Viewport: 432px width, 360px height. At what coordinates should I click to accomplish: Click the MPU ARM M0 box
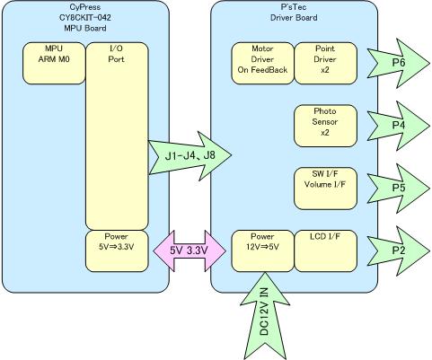(54, 63)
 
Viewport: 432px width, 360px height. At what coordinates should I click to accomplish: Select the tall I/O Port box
(117, 136)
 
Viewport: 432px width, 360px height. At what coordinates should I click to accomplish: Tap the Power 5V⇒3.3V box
(117, 251)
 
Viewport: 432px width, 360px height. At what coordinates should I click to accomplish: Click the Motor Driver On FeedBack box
(262, 63)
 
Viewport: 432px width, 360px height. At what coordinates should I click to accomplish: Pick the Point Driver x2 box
(326, 63)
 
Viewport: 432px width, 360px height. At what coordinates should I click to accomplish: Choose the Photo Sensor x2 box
(326, 126)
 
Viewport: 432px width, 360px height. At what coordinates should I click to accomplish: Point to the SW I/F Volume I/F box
(326, 189)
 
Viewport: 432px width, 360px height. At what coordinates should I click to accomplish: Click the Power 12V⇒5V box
(262, 251)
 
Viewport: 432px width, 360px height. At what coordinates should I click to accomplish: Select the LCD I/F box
(326, 251)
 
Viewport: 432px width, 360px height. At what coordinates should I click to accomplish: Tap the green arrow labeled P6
(399, 63)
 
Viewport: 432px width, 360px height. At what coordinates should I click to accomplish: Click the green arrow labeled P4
(399, 126)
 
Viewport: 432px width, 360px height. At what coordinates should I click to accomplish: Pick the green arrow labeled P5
(399, 189)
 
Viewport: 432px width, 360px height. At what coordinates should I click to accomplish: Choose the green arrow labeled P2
(399, 250)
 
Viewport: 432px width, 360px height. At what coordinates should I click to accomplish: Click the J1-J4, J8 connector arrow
(190, 155)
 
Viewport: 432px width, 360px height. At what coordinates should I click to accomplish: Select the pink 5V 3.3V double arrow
(190, 250)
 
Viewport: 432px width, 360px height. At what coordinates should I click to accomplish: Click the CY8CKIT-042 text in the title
(85, 17)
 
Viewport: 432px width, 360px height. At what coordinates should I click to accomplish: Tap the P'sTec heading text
(294, 6)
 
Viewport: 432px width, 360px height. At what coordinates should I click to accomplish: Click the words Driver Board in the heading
(294, 17)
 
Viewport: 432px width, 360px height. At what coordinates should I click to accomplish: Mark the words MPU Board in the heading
(85, 28)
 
